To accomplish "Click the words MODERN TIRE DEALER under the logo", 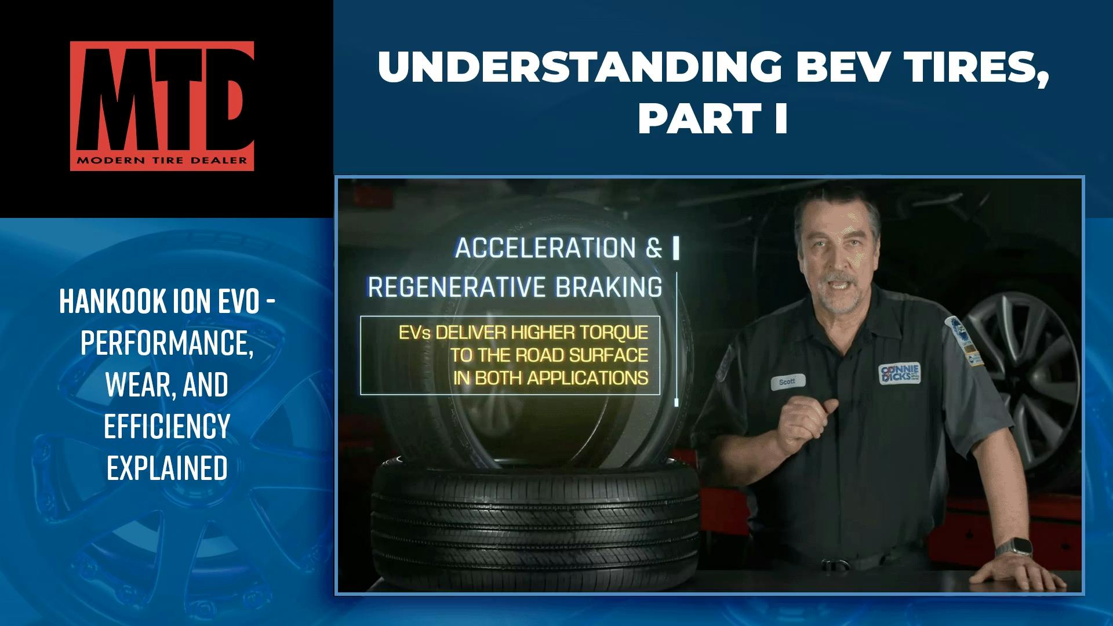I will [x=162, y=161].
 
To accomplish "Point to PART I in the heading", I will [x=712, y=119].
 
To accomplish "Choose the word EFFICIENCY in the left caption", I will [x=167, y=426].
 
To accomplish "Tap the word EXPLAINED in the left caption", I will [x=167, y=468].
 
